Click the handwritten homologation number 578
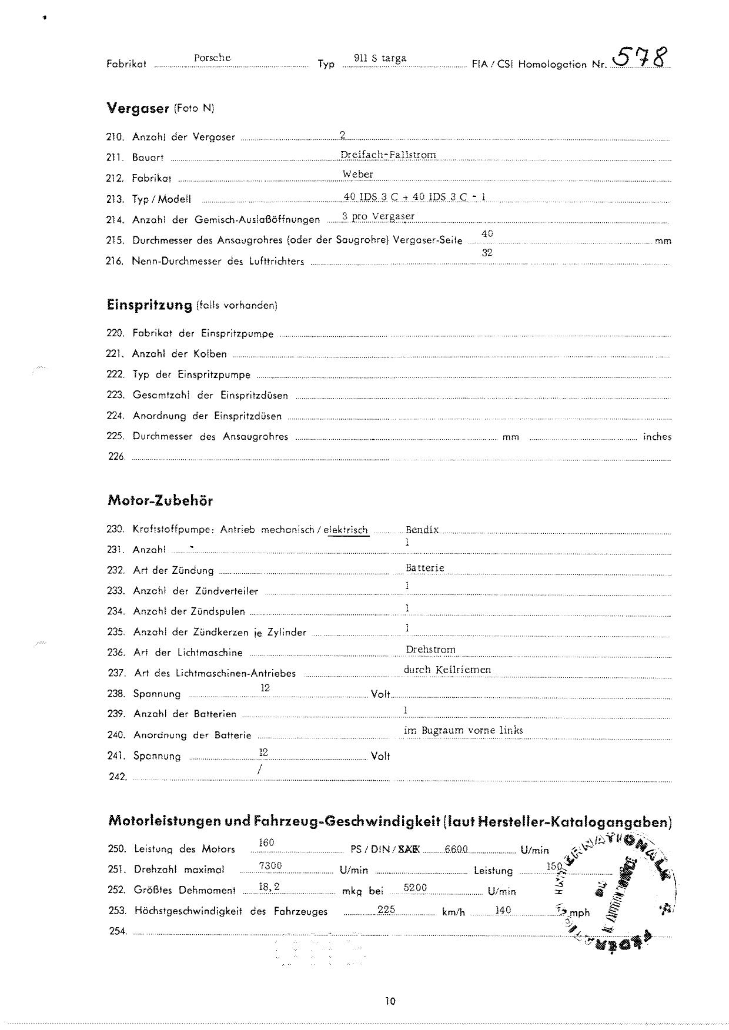click(640, 58)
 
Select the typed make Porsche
click(212, 58)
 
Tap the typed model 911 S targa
click(380, 58)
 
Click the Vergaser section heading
click(138, 108)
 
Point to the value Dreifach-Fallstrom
click(388, 155)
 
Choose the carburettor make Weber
click(358, 174)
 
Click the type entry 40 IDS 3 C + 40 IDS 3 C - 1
click(414, 197)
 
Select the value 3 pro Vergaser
click(378, 216)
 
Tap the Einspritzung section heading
click(149, 305)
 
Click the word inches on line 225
click(657, 437)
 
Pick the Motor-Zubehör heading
click(160, 501)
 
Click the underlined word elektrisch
click(346, 530)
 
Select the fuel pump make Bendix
click(422, 530)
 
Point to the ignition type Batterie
click(424, 568)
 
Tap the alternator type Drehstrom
click(430, 650)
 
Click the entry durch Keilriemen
click(447, 670)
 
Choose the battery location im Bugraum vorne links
click(463, 730)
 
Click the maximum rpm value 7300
click(270, 865)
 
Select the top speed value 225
click(386, 909)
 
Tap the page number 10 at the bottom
click(390, 1001)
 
